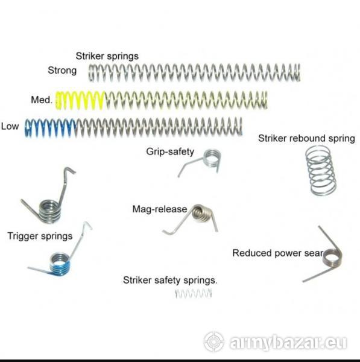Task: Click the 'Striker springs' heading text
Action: [107, 56]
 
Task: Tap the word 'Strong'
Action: [62, 70]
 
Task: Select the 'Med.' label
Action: [42, 100]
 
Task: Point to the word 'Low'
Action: [10, 126]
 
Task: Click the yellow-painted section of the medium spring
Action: [80, 100]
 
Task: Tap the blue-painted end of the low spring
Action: [50, 128]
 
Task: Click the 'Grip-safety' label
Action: [170, 151]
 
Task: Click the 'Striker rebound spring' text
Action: [306, 138]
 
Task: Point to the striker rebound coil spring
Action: [321, 171]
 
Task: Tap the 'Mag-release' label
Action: [159, 209]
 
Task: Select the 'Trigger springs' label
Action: [40, 236]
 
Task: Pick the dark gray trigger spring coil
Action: [49, 211]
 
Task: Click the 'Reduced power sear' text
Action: [277, 253]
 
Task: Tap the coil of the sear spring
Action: [332, 258]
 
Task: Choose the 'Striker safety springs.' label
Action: [170, 280]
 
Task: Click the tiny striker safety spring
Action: [194, 293]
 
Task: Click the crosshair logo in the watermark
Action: [213, 341]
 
